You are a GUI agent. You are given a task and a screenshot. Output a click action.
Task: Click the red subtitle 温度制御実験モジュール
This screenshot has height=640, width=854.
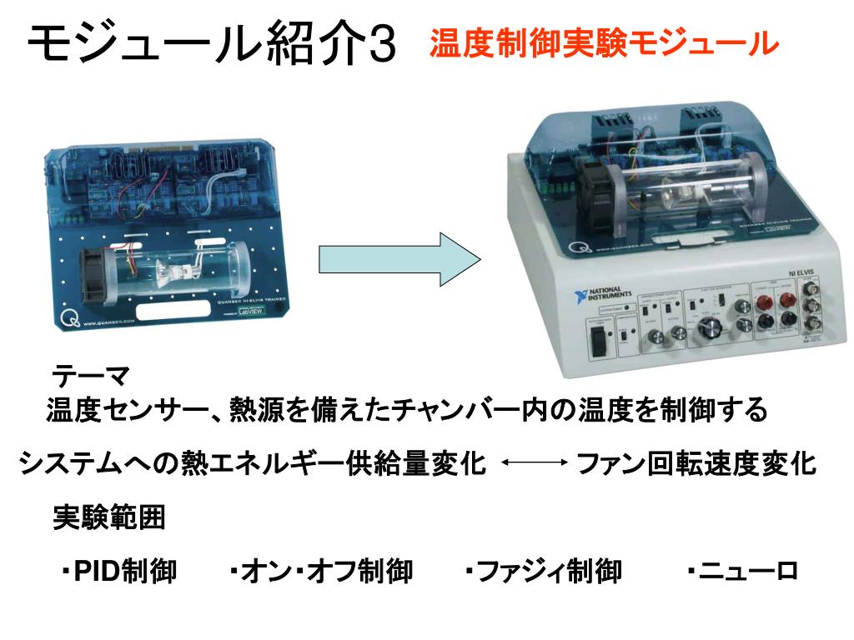tap(604, 43)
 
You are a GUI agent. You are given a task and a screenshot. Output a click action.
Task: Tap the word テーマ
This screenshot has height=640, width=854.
tap(90, 376)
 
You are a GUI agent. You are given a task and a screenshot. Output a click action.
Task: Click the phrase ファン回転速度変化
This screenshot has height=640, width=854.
tap(696, 462)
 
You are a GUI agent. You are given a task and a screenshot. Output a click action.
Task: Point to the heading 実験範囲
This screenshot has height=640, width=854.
tap(109, 517)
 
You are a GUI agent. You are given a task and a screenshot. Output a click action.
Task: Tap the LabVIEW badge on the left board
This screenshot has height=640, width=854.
tap(252, 312)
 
